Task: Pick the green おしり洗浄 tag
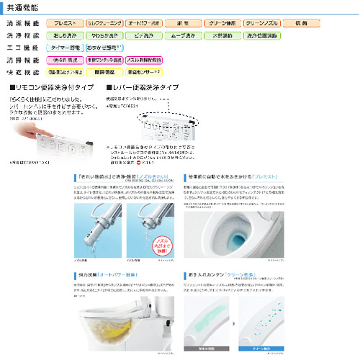click(71, 35)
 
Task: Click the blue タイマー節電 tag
click(71, 46)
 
